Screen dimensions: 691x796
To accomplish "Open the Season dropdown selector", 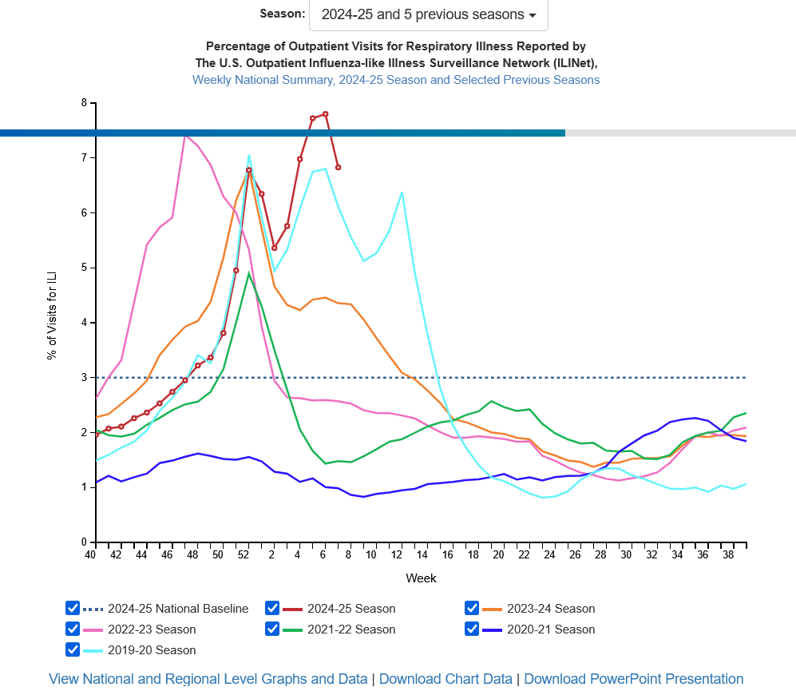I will (x=428, y=15).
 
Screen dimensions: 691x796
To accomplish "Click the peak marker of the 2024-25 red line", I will (x=326, y=114).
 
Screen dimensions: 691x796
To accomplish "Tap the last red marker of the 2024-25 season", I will (x=339, y=168).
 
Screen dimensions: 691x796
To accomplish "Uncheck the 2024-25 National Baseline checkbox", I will (x=73, y=608).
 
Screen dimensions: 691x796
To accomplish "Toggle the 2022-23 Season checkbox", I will (x=73, y=629).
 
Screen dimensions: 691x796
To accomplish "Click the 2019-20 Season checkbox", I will (x=73, y=649).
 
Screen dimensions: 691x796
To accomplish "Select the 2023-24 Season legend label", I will (x=551, y=609).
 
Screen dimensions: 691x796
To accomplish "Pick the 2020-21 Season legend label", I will (x=551, y=629).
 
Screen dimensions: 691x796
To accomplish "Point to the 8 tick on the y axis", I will (x=83, y=103).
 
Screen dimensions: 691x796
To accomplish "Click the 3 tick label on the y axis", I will (x=83, y=378).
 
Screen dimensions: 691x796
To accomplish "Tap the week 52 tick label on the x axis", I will (x=243, y=555).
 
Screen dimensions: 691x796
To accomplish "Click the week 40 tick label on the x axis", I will (x=90, y=555).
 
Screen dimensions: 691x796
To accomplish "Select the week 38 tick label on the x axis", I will (x=727, y=555).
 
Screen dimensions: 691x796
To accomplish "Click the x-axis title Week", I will (x=421, y=578).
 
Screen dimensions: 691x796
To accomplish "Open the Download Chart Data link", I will (x=446, y=679).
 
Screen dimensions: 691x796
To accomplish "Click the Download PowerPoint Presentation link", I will (x=634, y=679).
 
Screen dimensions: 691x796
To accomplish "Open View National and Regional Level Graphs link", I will (x=208, y=679).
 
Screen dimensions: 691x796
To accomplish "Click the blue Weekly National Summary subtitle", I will (x=395, y=80).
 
